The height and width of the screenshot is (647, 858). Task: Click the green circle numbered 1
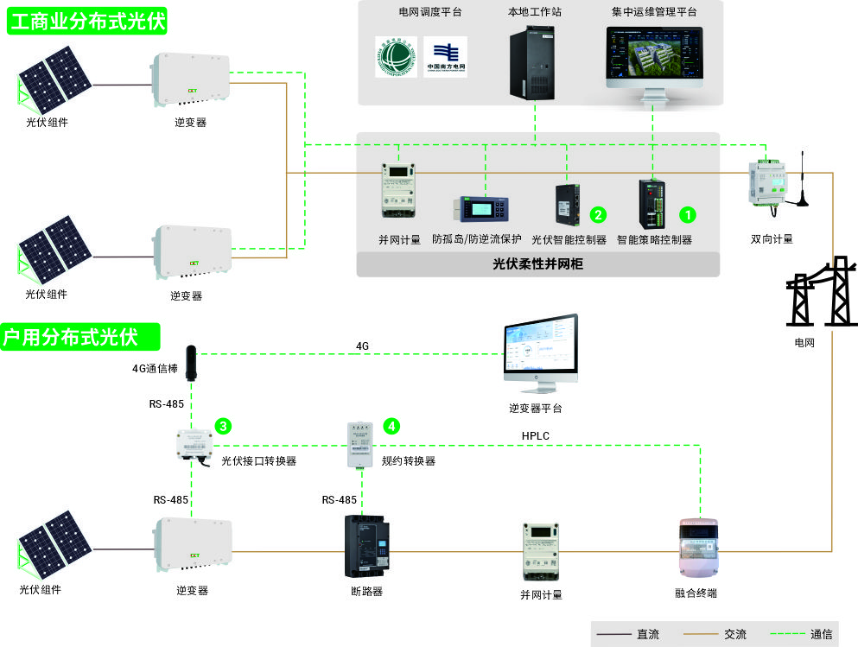pos(688,213)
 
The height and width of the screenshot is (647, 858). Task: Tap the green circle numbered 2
pos(596,213)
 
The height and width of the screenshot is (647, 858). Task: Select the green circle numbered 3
pos(223,426)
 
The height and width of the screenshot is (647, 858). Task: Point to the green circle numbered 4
pos(392,426)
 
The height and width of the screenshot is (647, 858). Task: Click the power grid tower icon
pos(817,293)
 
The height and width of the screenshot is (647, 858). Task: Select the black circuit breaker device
pos(367,547)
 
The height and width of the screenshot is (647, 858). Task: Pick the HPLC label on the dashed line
pos(536,436)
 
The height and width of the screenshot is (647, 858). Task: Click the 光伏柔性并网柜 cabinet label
pos(537,264)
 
